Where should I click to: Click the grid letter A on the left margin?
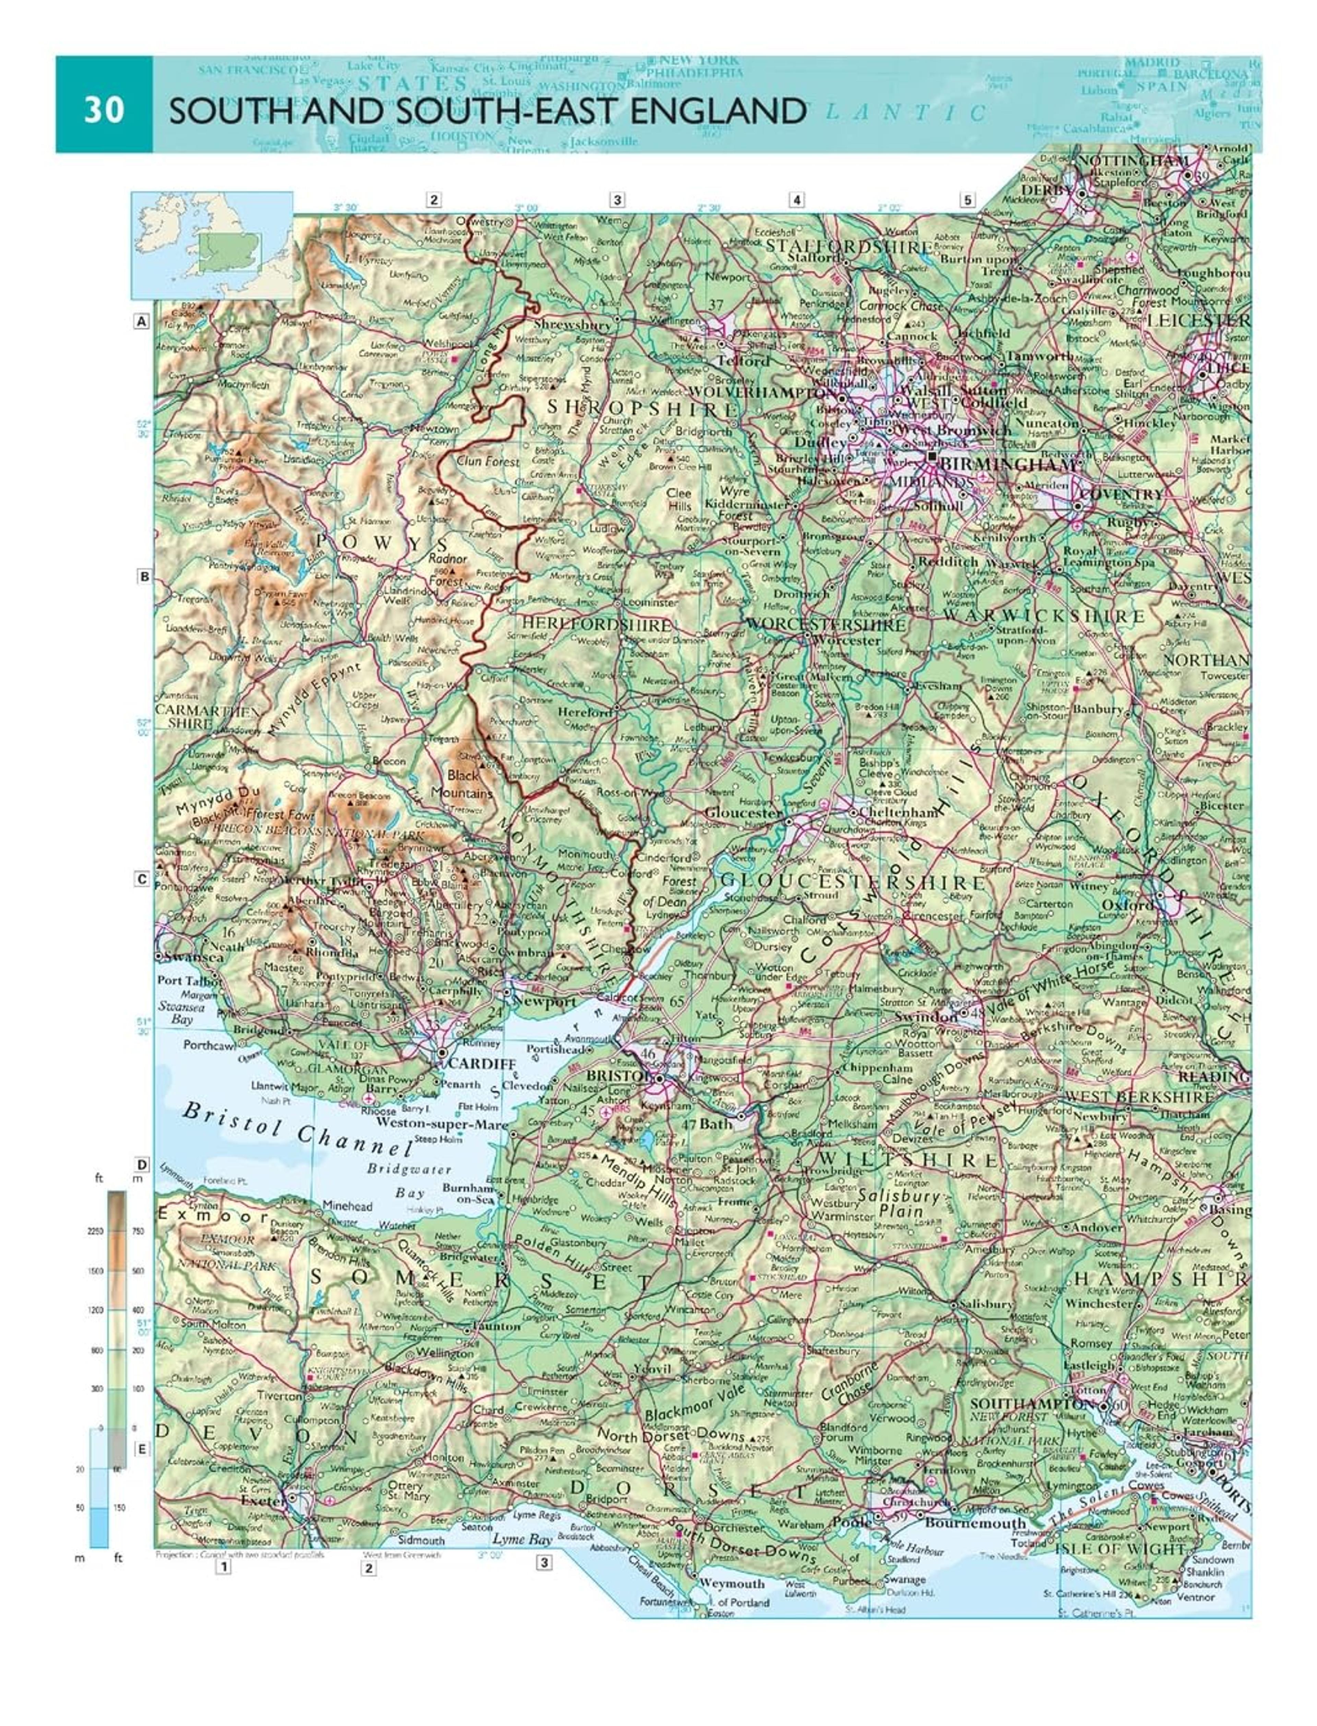click(x=141, y=321)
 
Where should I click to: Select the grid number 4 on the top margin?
click(x=796, y=200)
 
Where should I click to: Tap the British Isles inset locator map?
click(x=212, y=245)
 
